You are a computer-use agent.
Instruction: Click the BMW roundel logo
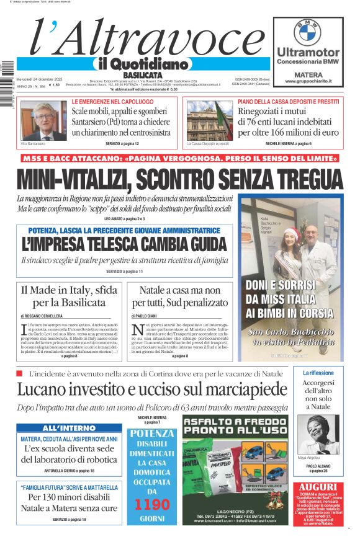tap(307, 32)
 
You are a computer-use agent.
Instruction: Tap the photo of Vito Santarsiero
tap(43, 120)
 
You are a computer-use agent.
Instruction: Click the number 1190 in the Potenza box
tap(151, 503)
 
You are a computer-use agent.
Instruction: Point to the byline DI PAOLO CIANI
tap(146, 316)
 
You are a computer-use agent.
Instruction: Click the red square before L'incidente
tap(19, 373)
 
